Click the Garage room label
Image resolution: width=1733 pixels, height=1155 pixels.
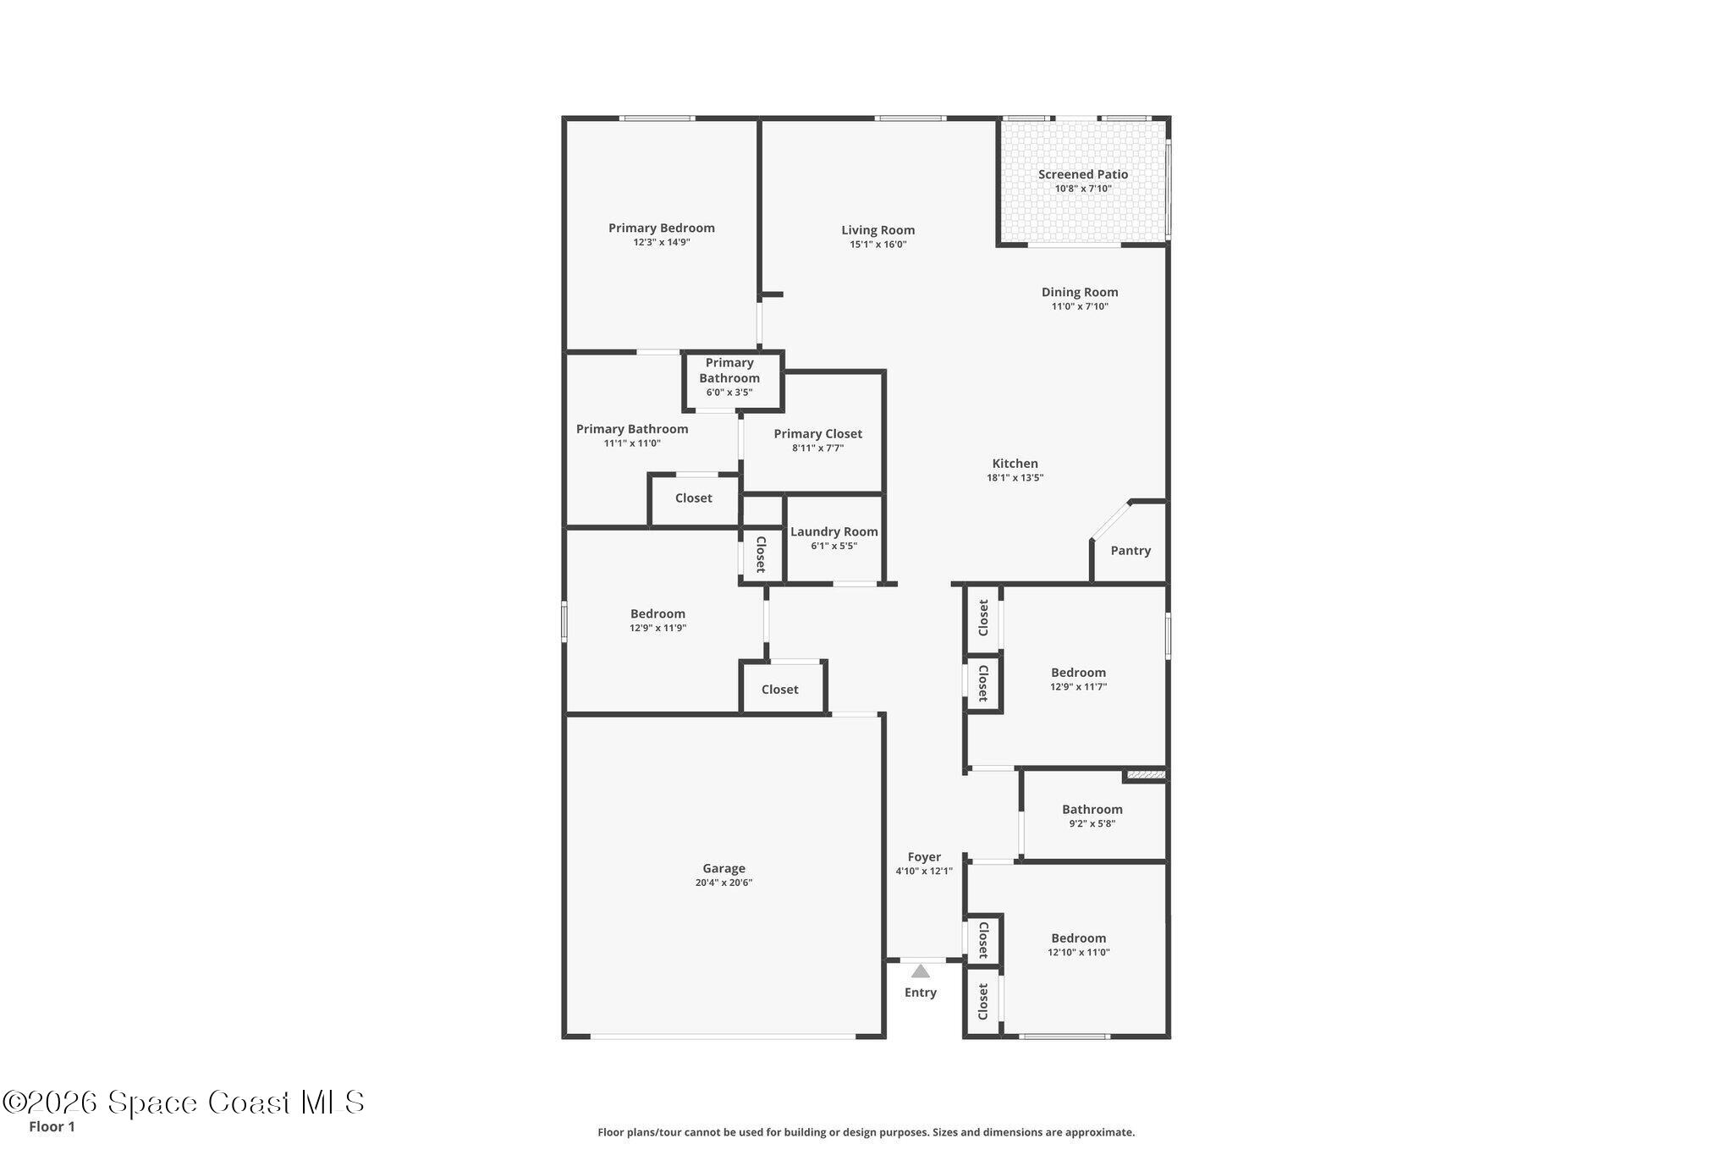[x=723, y=868]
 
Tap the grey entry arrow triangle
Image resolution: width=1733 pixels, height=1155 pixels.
[x=921, y=971]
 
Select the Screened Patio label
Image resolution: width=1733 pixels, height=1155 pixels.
[x=1083, y=174]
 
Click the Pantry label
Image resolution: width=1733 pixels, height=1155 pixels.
[x=1131, y=551]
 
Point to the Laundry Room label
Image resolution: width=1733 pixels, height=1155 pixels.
[x=834, y=532]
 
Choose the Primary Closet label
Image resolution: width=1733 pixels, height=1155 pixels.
[x=818, y=434]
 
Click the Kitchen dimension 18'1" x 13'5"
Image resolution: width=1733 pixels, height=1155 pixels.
[x=1015, y=477]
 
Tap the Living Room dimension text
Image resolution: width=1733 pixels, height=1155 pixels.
[x=878, y=245]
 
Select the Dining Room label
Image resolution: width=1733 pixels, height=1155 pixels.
[x=1080, y=293]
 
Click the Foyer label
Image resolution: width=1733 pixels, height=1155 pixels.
[x=924, y=857]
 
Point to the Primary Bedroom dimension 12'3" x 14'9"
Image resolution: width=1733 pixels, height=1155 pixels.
[x=662, y=242]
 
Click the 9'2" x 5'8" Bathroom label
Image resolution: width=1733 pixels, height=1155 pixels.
[x=1092, y=810]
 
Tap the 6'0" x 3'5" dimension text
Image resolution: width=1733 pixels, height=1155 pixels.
[x=729, y=393]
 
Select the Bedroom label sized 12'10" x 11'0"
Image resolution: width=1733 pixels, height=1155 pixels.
[x=1079, y=938]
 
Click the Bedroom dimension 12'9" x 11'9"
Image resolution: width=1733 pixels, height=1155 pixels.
[x=657, y=628]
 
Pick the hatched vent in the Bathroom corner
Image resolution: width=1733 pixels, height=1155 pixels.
[x=1146, y=774]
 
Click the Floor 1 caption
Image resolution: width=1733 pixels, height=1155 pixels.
[x=52, y=1127]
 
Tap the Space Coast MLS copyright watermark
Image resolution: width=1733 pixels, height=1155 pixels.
[x=184, y=1103]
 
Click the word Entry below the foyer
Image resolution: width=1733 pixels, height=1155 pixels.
[x=921, y=993]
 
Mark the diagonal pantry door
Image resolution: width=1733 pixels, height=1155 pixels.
[x=1110, y=520]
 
